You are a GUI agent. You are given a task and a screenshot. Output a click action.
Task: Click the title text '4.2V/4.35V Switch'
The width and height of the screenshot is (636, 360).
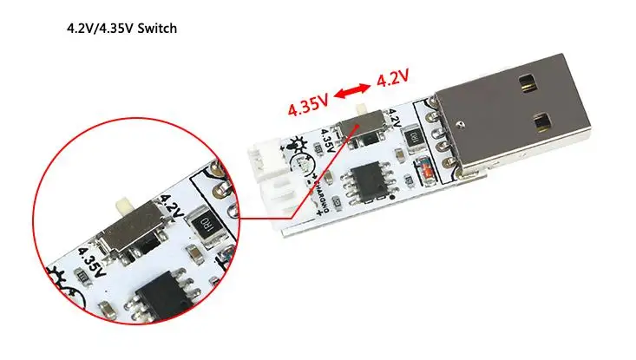(121, 29)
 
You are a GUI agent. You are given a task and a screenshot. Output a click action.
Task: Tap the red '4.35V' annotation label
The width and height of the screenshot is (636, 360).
(308, 108)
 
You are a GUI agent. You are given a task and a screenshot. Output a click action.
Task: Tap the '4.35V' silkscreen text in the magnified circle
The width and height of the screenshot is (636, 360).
(93, 262)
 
